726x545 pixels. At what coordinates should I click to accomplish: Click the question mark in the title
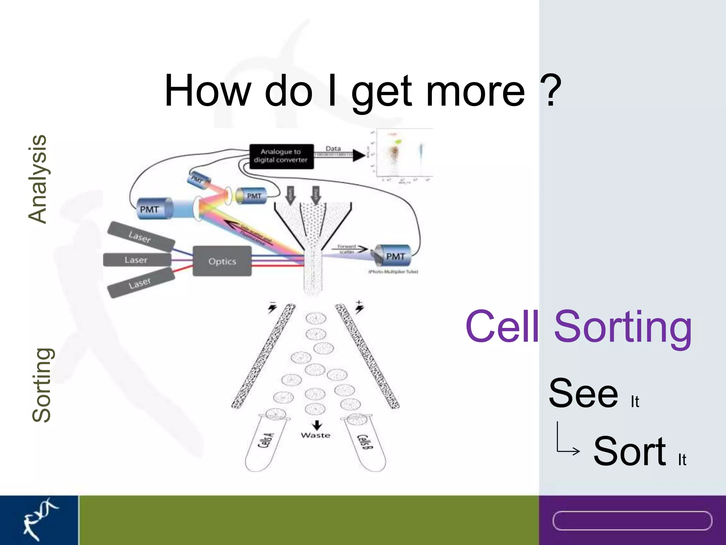tap(550, 90)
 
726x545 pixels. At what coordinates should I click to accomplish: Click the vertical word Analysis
tap(38, 179)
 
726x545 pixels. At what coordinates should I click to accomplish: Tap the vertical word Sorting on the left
tap(41, 385)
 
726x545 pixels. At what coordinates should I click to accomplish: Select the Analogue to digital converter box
tap(281, 156)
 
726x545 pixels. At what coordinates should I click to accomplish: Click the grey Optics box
tap(222, 261)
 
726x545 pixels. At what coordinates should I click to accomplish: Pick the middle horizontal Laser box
tap(136, 260)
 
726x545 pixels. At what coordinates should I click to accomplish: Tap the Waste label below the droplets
tap(315, 435)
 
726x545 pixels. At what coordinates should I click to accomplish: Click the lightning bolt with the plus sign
tap(359, 308)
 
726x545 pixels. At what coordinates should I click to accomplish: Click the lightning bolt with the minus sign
tap(272, 308)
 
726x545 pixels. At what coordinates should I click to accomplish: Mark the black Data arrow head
tap(359, 155)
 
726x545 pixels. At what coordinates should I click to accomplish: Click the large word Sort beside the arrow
tap(630, 451)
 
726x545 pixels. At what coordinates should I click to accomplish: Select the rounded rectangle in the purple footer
tap(632, 521)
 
